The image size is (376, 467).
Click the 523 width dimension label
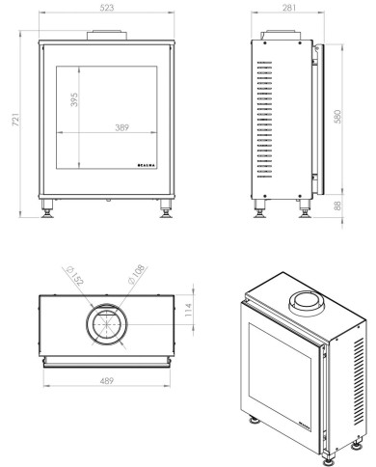click(x=107, y=8)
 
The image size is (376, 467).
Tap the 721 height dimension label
click(x=16, y=120)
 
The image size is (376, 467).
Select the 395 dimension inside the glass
click(x=74, y=99)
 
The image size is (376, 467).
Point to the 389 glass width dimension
click(x=122, y=127)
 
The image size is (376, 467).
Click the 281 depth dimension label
click(x=289, y=8)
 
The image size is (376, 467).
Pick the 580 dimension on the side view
click(x=337, y=117)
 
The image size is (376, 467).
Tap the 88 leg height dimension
click(x=337, y=206)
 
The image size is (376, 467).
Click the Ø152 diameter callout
click(x=75, y=275)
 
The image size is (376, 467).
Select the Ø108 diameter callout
click(x=137, y=274)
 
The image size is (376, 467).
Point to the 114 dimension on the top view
click(x=188, y=310)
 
